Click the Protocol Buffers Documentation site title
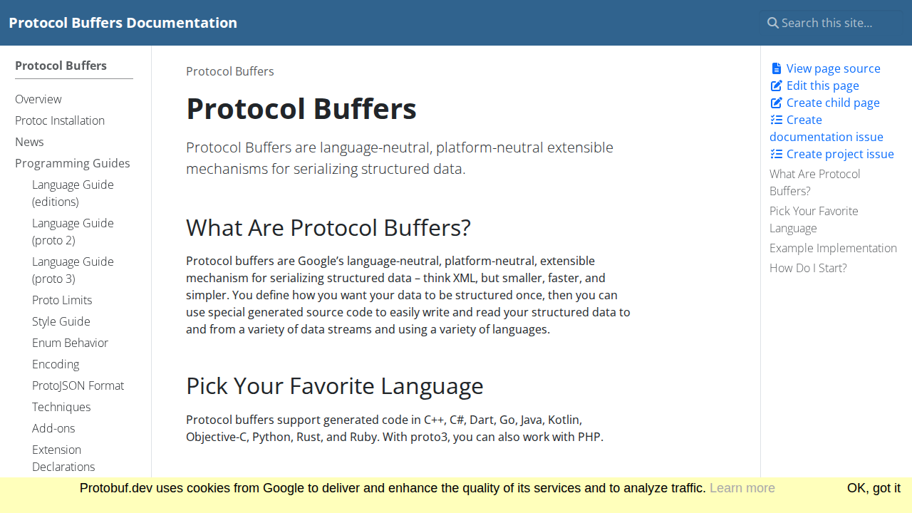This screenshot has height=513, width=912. point(123,23)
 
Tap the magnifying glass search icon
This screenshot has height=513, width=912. point(772,23)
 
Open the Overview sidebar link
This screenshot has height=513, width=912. point(38,99)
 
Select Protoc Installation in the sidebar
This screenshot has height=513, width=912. point(60,120)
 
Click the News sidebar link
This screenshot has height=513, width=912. point(29,142)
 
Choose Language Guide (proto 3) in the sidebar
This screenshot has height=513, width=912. point(73,270)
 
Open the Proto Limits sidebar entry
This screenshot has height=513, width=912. point(62,300)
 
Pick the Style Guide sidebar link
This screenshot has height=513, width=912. point(61,321)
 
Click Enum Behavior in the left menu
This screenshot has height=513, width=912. point(70,343)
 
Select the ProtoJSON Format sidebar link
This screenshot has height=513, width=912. point(78,385)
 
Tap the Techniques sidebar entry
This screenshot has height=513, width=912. point(61,407)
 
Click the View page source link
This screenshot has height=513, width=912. point(833,68)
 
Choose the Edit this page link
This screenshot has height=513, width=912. point(822,85)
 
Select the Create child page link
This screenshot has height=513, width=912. point(832,103)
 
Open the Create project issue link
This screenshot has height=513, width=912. point(839,154)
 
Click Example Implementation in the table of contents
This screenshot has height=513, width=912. point(833,248)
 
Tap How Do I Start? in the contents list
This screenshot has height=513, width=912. point(808,268)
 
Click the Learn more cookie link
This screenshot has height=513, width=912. point(742,488)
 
